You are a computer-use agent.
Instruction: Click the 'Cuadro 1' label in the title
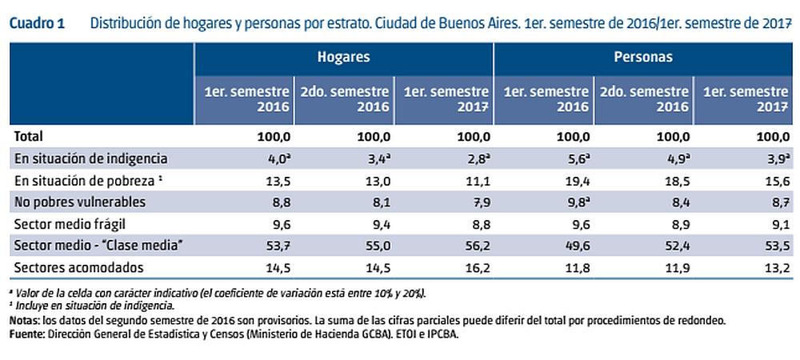pos(37,23)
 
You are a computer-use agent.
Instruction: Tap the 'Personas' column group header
pos(643,58)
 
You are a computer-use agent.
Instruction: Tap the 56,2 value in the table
pos(472,246)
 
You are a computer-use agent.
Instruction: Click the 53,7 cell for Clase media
pos(273,246)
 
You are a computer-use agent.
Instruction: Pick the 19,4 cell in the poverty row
pos(573,180)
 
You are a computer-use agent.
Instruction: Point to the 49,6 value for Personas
pos(573,246)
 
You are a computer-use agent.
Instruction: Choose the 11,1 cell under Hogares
pos(472,180)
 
